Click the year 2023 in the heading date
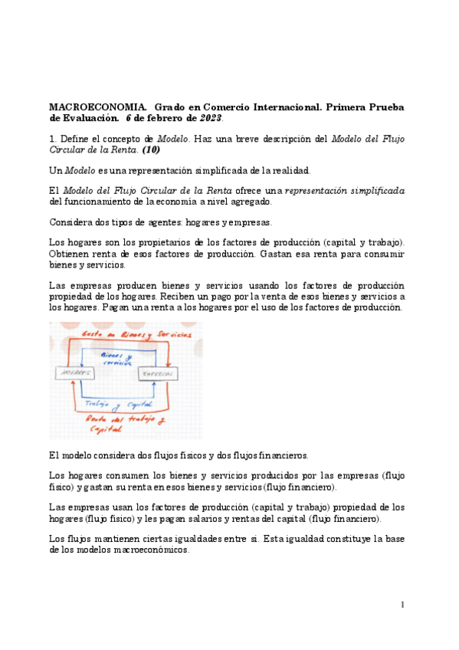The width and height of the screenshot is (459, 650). pyautogui.click(x=211, y=118)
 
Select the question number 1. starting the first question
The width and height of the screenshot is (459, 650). pyautogui.click(x=53, y=138)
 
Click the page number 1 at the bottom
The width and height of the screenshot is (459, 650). pyautogui.click(x=402, y=606)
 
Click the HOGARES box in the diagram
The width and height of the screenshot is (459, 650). pyautogui.click(x=74, y=373)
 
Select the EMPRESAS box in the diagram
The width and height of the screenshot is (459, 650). pyautogui.click(x=158, y=373)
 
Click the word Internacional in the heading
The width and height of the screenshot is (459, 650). pyautogui.click(x=274, y=106)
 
